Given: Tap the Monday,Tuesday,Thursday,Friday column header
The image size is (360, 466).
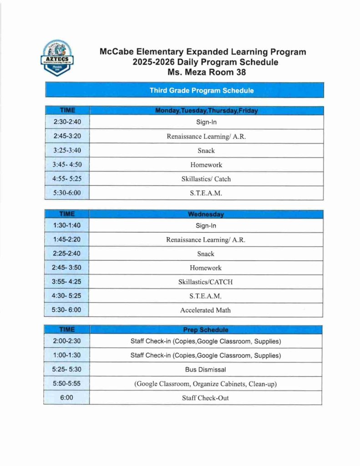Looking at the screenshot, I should coord(206,111).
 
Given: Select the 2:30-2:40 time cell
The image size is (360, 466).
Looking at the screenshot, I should coord(67,122).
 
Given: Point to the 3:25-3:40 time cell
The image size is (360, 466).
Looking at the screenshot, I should coord(67,150).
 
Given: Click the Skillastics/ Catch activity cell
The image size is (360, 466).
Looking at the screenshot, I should coord(206,179).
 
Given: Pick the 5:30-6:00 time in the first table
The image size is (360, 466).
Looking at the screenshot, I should coord(67,193).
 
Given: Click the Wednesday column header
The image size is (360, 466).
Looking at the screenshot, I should coord(206,214).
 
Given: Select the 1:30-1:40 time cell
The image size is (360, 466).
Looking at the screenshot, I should coord(67,225).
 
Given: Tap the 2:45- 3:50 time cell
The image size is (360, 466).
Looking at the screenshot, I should coord(67,268).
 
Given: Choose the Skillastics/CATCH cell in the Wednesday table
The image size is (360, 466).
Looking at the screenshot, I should coord(206,282).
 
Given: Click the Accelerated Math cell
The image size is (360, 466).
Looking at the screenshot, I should coord(206,310).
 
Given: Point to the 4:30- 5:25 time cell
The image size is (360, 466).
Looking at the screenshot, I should coord(67,296).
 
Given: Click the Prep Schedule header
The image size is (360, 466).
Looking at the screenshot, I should coord(206,329).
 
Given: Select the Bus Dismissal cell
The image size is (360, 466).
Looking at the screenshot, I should coord(206,370).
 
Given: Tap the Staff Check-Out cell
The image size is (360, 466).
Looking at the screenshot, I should coord(206,398).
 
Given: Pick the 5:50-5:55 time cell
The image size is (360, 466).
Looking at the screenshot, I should coord(67,384).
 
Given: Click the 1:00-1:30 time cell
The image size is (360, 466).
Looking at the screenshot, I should coord(67,355).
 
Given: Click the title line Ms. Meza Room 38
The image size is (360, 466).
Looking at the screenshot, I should coord(203,71).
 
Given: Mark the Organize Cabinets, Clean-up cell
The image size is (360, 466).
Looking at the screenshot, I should coord(206,384).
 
